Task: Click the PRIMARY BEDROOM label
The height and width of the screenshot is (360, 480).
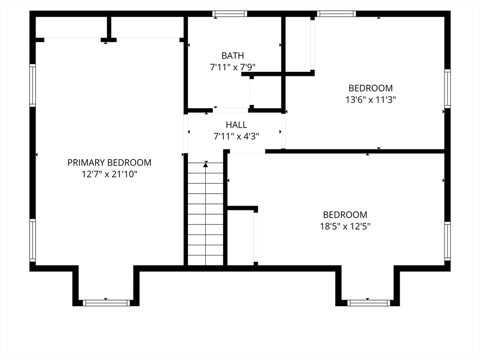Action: (109, 163)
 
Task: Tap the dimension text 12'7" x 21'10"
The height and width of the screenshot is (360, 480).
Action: (109, 174)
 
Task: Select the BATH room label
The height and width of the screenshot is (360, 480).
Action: (232, 56)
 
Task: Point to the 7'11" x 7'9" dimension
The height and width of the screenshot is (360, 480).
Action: (232, 67)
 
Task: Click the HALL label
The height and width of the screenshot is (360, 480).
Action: (236, 125)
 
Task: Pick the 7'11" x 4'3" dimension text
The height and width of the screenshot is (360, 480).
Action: (236, 136)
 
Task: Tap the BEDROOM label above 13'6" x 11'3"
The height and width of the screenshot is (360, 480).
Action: (370, 88)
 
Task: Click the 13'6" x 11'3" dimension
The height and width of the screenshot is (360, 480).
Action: (371, 100)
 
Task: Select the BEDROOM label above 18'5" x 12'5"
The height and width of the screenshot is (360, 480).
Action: (345, 215)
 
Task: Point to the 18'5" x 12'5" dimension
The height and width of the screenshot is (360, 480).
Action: (345, 226)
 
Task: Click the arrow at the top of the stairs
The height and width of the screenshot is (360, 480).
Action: (206, 165)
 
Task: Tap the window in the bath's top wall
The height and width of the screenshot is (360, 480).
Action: (230, 14)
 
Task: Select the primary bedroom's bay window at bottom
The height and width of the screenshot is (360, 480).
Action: (106, 303)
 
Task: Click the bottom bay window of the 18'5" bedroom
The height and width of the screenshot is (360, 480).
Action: (368, 303)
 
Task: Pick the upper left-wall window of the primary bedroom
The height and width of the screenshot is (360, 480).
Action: (32, 85)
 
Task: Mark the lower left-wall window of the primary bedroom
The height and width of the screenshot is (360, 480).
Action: (32, 240)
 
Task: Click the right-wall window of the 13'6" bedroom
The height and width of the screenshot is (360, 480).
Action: (448, 89)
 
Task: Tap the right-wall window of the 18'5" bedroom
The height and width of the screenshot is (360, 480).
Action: (448, 241)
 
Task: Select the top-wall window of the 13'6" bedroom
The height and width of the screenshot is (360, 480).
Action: (337, 14)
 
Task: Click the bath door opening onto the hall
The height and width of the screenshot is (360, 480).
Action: (231, 110)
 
